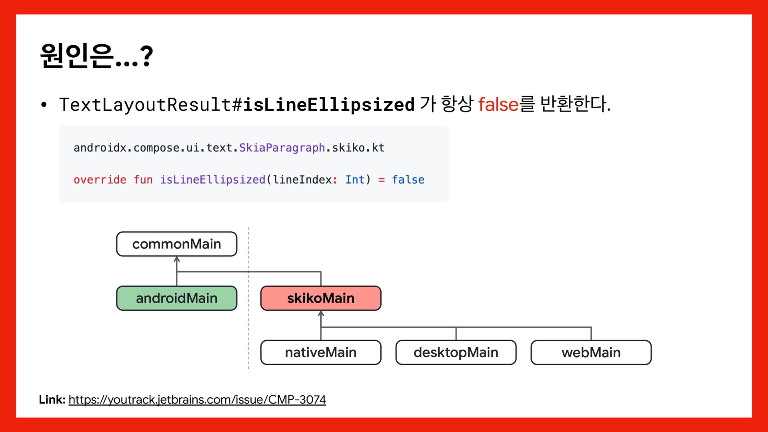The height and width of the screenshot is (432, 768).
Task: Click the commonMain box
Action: tap(176, 244)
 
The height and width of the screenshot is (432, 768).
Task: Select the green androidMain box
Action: tap(176, 298)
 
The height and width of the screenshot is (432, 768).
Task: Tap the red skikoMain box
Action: tap(320, 298)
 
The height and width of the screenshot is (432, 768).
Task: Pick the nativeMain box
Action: tap(320, 352)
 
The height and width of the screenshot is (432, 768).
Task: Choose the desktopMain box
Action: tap(456, 352)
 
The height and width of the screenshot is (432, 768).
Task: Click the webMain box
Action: tap(591, 352)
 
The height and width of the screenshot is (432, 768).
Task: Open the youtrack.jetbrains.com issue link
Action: tap(197, 400)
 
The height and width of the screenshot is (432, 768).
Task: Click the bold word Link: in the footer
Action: tap(52, 400)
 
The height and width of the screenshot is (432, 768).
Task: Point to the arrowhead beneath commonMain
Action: tap(177, 260)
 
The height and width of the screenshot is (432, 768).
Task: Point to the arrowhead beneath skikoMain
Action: tap(321, 314)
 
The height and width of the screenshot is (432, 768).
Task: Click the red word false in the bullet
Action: tap(498, 104)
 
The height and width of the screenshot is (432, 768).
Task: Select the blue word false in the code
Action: tap(408, 180)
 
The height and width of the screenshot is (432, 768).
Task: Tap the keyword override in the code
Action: tap(100, 180)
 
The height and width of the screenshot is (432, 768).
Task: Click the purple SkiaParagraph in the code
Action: tap(282, 148)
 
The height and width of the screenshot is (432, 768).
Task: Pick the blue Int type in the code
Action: tap(355, 180)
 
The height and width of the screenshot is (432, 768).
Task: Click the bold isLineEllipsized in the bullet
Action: tap(328, 104)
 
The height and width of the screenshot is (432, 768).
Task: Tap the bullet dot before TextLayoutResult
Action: tap(44, 105)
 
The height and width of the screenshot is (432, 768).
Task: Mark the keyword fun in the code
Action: tap(143, 180)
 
